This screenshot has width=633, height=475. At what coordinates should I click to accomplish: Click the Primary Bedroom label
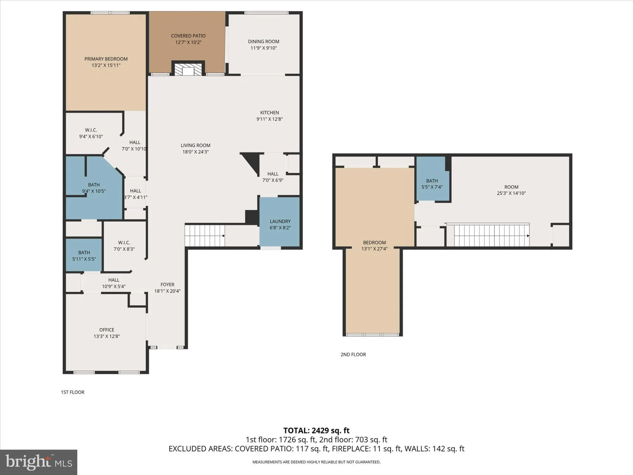106,59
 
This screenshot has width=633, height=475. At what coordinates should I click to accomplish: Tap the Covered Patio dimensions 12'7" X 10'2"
188,42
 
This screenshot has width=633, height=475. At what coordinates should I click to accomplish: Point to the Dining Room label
263,41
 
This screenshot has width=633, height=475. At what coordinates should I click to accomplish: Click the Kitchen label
269,113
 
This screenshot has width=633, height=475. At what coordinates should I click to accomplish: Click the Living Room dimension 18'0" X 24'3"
195,152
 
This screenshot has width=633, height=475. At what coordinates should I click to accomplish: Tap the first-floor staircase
204,235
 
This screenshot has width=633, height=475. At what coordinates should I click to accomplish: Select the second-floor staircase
491,235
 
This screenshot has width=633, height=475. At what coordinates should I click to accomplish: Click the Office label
107,330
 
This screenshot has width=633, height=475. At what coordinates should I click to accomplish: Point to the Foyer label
167,285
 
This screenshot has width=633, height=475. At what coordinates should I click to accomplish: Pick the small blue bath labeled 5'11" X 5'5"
84,255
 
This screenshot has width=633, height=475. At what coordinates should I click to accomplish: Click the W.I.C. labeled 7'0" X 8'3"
124,246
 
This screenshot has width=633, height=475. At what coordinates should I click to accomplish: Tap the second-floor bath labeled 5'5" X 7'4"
432,184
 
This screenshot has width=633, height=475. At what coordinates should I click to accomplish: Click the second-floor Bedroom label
374,243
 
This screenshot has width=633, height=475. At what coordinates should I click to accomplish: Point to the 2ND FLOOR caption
353,355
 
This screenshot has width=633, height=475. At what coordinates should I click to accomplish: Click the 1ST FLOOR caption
72,392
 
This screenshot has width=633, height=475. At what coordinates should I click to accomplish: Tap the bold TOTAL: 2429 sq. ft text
316,431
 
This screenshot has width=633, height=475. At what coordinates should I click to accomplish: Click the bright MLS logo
39,462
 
